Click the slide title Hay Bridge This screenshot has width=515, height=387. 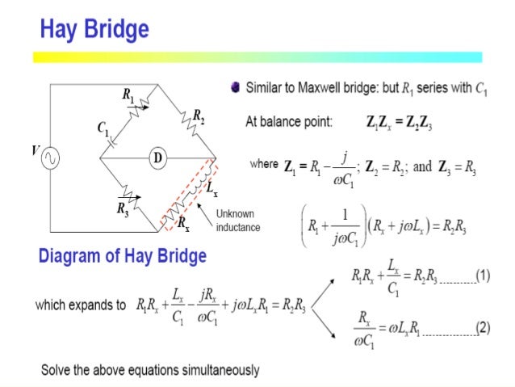[x=94, y=30]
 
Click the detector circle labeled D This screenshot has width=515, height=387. [x=156, y=158]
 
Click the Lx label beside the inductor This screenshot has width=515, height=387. [x=212, y=191]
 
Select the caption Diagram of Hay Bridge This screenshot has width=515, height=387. [x=123, y=257]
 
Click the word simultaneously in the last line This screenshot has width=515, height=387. [x=218, y=370]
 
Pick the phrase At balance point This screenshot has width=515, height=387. [x=288, y=124]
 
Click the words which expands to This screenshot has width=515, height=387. [x=81, y=306]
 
